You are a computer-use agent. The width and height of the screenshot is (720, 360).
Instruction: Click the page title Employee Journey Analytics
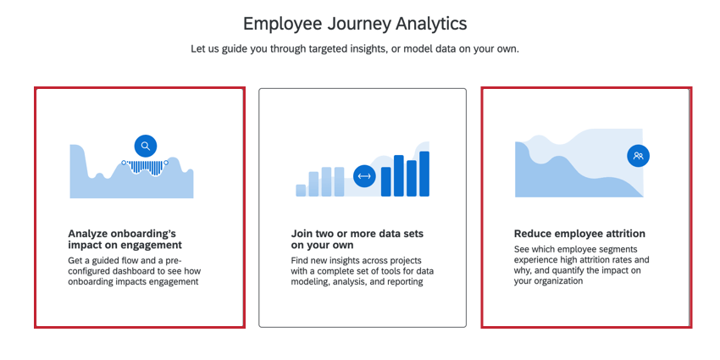355,24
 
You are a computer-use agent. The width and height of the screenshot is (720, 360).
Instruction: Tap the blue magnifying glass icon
146,146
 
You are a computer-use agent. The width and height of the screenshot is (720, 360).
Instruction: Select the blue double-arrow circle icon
364,176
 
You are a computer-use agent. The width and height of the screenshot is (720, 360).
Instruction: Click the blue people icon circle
639,156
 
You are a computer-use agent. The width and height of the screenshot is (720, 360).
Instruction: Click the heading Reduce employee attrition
579,234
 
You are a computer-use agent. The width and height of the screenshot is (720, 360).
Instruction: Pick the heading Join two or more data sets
357,239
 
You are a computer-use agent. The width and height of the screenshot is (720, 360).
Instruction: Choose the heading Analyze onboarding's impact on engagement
125,239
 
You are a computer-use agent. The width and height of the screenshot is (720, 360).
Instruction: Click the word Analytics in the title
432,24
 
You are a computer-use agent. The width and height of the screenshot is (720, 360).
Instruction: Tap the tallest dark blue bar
424,174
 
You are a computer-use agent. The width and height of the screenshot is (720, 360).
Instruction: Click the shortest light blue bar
301,190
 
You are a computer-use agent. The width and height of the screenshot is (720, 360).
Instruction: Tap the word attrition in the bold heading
624,234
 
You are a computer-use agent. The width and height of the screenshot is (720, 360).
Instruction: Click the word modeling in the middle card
307,282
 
